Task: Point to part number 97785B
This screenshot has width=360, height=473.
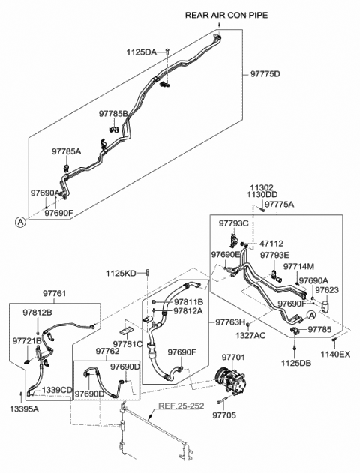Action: pos(114,114)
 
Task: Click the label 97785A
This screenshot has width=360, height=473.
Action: pos(66,151)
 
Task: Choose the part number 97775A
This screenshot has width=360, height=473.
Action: pos(280,204)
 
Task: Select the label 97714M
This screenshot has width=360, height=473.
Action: pos(299,266)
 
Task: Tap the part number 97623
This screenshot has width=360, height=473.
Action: pos(326,289)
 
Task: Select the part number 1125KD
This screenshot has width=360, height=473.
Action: pos(121,274)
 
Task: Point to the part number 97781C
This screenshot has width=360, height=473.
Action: pos(128,344)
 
